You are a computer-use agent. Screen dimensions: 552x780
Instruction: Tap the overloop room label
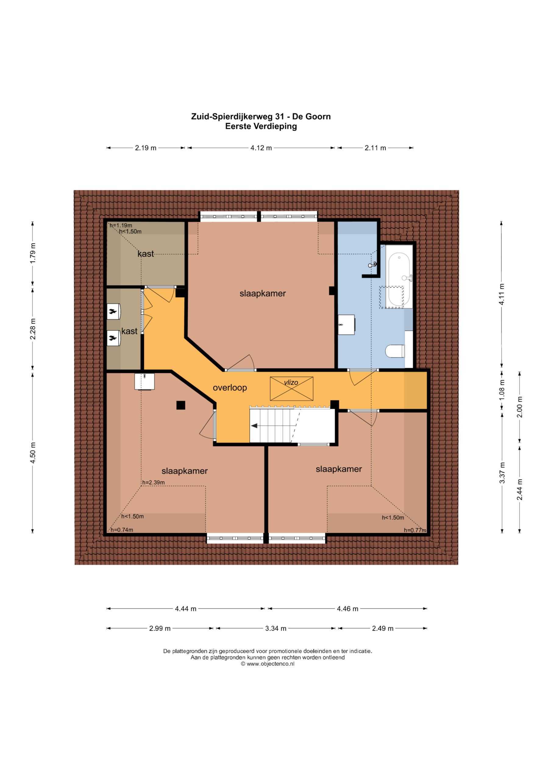(x=230, y=388)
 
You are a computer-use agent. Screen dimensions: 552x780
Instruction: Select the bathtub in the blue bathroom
(x=399, y=280)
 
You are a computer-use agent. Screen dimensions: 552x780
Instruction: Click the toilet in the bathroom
(x=395, y=351)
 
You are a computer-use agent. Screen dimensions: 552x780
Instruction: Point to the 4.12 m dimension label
(x=261, y=148)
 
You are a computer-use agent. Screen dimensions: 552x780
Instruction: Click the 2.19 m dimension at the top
(x=145, y=148)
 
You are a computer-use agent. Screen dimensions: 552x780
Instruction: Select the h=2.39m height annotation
(x=153, y=482)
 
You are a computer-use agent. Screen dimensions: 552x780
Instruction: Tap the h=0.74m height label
(x=122, y=530)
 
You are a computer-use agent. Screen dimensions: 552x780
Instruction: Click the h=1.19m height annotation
(x=121, y=225)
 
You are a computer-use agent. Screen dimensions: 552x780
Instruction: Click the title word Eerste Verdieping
(x=261, y=126)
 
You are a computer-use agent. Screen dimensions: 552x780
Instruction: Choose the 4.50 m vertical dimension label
(x=33, y=453)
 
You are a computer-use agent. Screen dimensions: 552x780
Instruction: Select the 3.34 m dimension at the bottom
(x=276, y=629)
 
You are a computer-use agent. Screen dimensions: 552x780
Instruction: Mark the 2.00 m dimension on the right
(x=520, y=407)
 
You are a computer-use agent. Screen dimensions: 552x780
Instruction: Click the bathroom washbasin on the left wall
(x=346, y=325)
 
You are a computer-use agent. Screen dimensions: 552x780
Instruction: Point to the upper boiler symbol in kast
(x=113, y=311)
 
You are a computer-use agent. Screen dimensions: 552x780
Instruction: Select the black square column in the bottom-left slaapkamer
(x=180, y=405)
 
